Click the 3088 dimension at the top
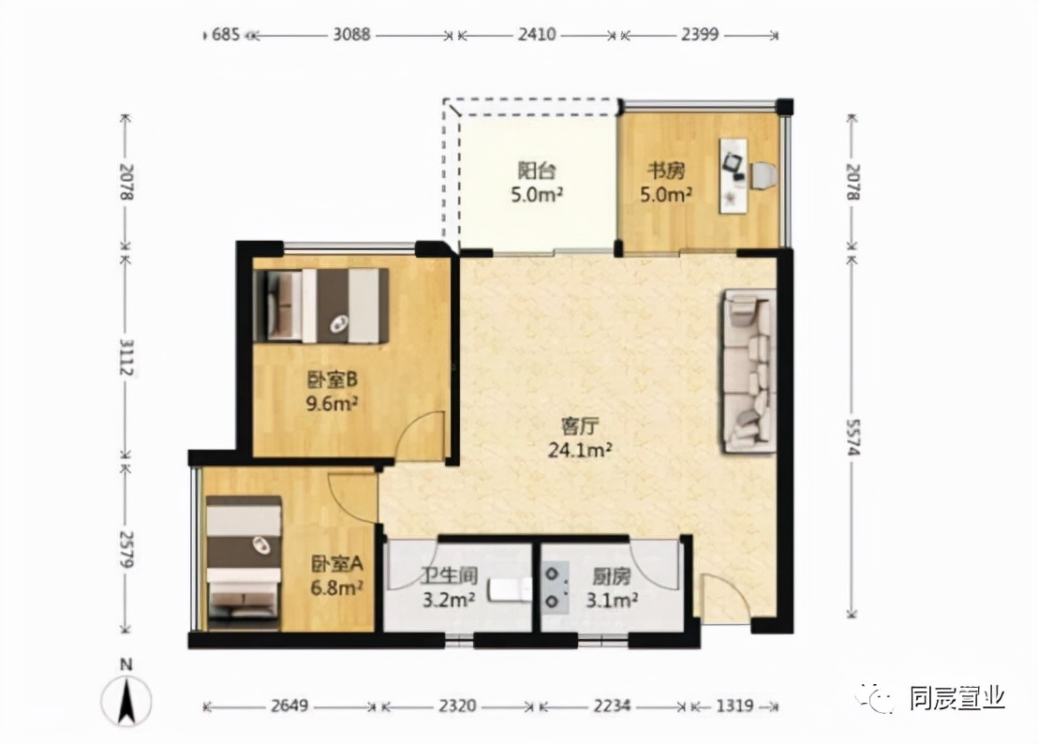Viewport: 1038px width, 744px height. pyautogui.click(x=351, y=34)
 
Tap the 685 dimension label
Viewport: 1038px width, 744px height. pyautogui.click(x=225, y=34)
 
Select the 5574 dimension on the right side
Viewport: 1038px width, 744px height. pyautogui.click(x=853, y=437)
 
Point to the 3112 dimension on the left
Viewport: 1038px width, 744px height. pyautogui.click(x=126, y=356)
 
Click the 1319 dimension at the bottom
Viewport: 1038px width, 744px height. pyautogui.click(x=734, y=706)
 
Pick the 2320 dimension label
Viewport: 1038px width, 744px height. pyautogui.click(x=457, y=706)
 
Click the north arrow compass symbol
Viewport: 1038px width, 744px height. pyautogui.click(x=126, y=698)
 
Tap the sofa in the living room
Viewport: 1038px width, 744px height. pyautogui.click(x=749, y=371)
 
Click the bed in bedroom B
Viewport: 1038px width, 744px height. pyautogui.click(x=322, y=305)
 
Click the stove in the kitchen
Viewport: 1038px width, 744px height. pyautogui.click(x=555, y=587)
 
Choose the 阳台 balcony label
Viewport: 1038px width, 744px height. pyautogui.click(x=536, y=171)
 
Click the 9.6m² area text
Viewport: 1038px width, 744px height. pyautogui.click(x=332, y=403)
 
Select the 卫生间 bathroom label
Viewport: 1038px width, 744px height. pyautogui.click(x=450, y=576)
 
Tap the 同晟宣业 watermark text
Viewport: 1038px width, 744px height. pyautogui.click(x=957, y=698)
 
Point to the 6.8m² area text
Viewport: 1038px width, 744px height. pyautogui.click(x=337, y=588)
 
